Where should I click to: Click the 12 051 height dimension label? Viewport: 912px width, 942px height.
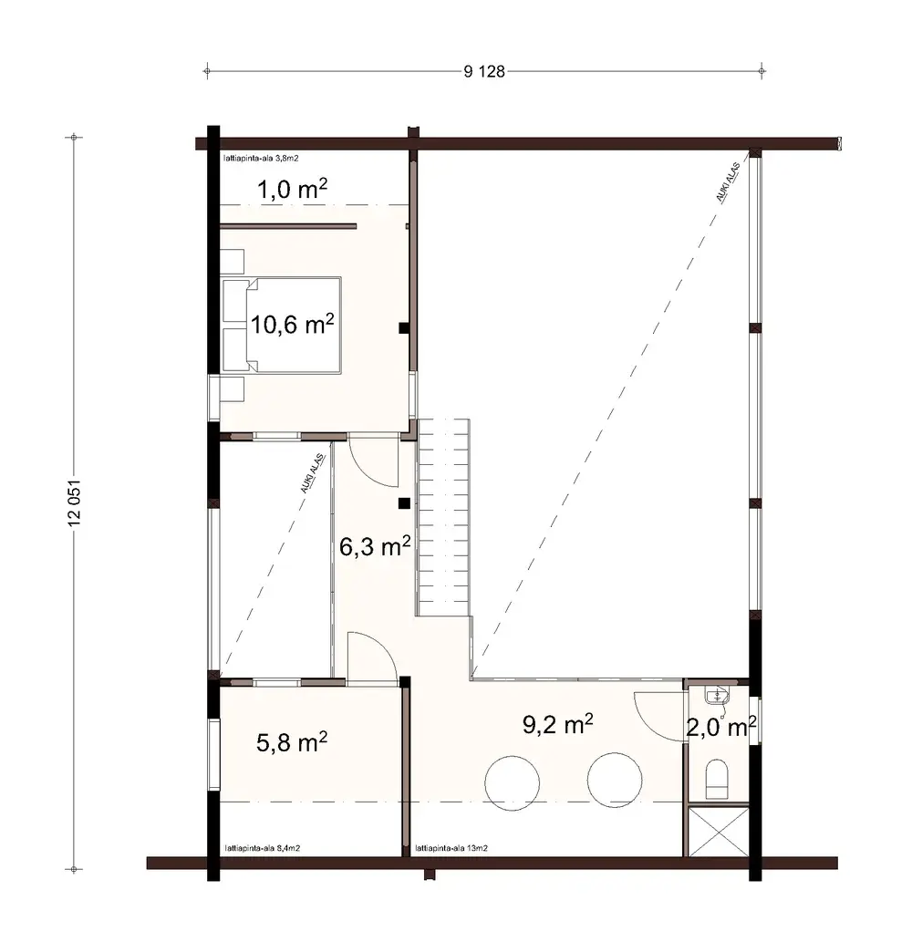click(x=76, y=501)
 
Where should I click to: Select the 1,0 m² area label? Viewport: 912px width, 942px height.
click(x=291, y=190)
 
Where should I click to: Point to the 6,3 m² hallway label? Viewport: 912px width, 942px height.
click(x=374, y=547)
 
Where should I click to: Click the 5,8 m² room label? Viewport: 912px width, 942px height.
click(x=291, y=743)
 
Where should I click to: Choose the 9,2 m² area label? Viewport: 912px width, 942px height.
click(x=558, y=725)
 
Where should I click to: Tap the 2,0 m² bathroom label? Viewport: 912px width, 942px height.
click(x=720, y=728)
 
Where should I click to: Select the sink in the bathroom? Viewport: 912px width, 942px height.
click(x=719, y=698)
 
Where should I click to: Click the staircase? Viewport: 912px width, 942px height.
click(x=444, y=515)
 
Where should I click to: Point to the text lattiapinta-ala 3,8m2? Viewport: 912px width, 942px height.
click(x=262, y=159)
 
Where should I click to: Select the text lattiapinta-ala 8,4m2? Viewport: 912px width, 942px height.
click(x=262, y=848)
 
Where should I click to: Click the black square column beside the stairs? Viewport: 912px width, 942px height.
click(x=402, y=502)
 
